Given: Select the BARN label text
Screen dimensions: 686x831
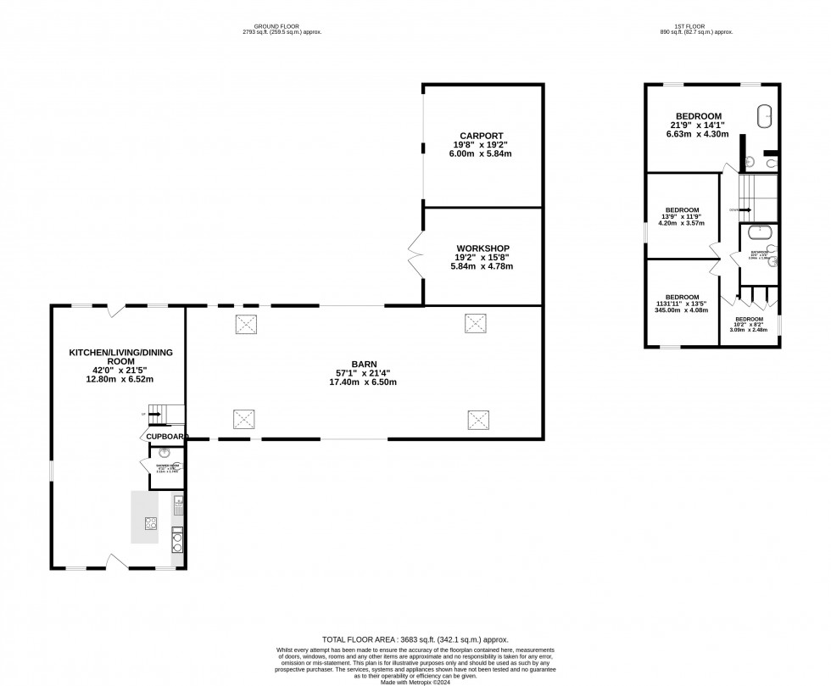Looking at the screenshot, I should pos(365,364).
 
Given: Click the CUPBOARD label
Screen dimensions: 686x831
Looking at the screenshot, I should pos(165,436).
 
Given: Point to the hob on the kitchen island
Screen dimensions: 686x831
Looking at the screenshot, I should pos(151,524).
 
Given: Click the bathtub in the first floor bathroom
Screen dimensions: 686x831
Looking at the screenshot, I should pos(760,231).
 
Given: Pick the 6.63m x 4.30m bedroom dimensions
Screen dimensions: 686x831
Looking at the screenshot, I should pos(698,134).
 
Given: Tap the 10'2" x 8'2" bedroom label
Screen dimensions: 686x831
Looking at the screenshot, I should pos(749,324).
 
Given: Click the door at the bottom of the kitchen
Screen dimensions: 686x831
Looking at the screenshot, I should pos(118,561).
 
